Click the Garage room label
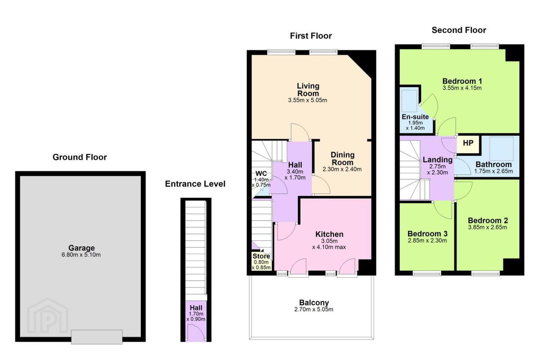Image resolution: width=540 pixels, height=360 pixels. (x=81, y=248)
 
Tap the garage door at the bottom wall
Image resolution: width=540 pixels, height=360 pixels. (x=97, y=337)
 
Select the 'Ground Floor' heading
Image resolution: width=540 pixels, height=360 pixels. (x=79, y=157)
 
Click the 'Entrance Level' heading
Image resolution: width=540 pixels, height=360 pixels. (x=195, y=184)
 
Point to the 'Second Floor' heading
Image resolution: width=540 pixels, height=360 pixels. (x=459, y=30)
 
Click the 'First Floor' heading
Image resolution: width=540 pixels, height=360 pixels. (x=311, y=36)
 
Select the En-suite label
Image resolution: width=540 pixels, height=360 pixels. (x=415, y=117)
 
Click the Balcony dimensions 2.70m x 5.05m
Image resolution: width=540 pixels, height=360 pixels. (x=313, y=309)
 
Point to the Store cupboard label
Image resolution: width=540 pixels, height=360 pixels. (x=261, y=256)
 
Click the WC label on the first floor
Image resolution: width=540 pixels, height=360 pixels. (x=261, y=174)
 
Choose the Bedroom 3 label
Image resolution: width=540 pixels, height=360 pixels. (x=427, y=234)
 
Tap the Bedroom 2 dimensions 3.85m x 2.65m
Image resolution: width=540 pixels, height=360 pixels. (x=487, y=227)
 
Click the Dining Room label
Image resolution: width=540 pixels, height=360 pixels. (x=342, y=158)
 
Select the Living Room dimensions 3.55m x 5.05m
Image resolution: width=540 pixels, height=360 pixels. (x=307, y=100)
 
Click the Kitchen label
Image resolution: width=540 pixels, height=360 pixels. (x=329, y=234)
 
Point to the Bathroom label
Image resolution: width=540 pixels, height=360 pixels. (x=493, y=165)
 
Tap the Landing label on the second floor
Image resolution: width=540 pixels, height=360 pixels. (x=438, y=160)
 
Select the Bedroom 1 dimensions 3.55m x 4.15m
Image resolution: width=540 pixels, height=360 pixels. (x=462, y=88)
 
